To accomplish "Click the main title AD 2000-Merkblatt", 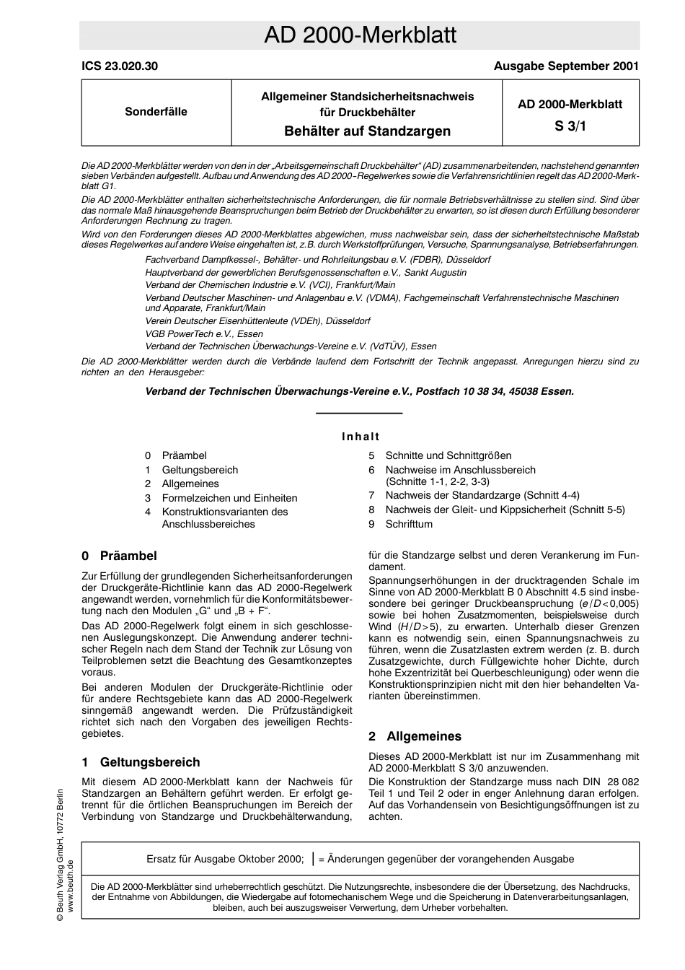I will [x=360, y=35].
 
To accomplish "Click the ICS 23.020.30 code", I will [x=120, y=66].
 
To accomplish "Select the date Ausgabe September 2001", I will [x=566, y=66].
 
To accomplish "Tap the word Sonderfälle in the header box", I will [x=156, y=112].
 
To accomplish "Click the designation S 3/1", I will [x=570, y=126].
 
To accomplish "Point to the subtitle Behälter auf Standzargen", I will [x=367, y=131].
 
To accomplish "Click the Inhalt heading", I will [x=361, y=436].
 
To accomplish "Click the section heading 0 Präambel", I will [x=119, y=556].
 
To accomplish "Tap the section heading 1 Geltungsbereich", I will [x=141, y=762].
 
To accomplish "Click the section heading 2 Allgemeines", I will [x=415, y=736].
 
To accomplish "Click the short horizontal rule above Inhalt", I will [x=360, y=413].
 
